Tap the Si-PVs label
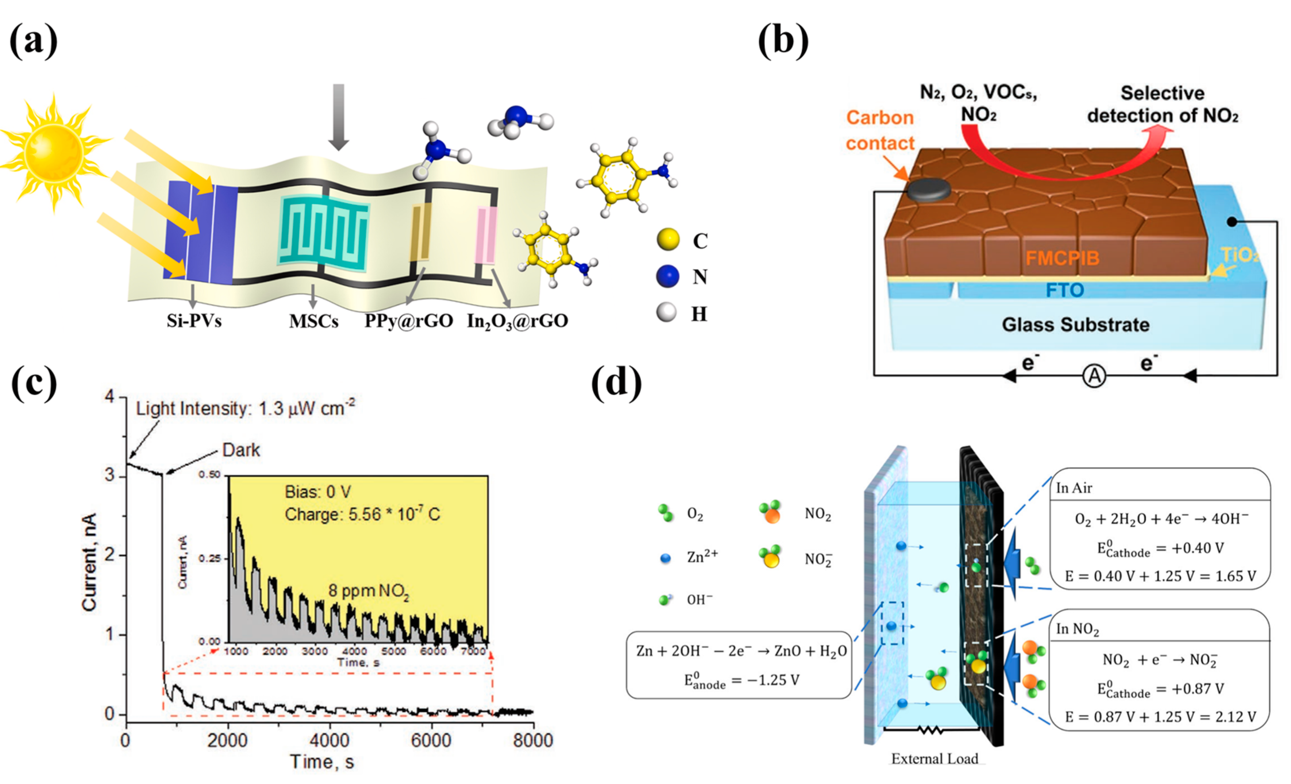point(194,320)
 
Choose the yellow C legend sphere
point(668,240)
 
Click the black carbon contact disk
point(928,190)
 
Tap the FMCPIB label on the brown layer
point(1062,258)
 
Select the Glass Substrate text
point(1075,325)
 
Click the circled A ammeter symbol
point(1094,376)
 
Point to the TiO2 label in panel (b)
point(1240,255)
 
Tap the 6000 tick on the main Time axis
point(431,740)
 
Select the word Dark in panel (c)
point(241,450)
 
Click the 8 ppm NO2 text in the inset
point(369,591)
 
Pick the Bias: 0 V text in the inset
point(318,492)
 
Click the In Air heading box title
point(1074,488)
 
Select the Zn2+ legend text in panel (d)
point(702,557)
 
